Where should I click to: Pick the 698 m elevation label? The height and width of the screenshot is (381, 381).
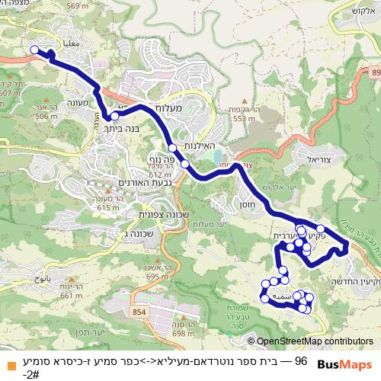[x=185, y=333]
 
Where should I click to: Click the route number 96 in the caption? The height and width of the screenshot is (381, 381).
[x=300, y=359]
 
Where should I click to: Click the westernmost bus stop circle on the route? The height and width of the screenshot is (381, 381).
[x=34, y=50]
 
